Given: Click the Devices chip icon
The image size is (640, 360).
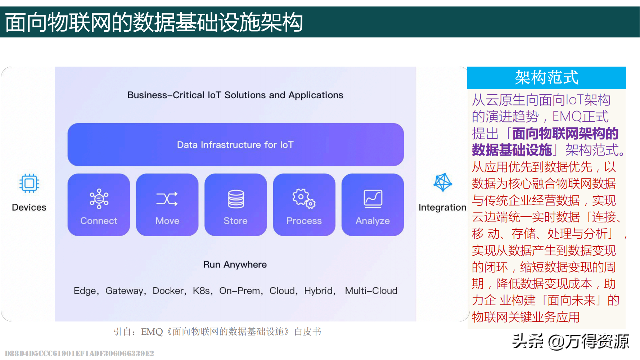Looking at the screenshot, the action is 29,183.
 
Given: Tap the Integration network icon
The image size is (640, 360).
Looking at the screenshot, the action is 443,182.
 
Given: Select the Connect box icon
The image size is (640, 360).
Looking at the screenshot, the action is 99,199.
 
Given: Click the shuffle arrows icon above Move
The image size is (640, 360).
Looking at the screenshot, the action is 167,199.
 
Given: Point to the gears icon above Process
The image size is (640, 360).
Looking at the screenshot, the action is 304,198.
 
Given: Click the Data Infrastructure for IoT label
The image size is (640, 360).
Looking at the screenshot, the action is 235,145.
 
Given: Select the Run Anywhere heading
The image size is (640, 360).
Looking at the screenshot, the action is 235,265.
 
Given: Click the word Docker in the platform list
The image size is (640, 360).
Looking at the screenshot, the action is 168,291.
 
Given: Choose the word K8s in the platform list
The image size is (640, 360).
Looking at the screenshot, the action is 201,291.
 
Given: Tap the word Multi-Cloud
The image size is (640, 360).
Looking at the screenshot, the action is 371,291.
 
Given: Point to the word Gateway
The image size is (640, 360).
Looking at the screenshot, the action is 124,291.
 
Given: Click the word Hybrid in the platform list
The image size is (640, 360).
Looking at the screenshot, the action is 318,291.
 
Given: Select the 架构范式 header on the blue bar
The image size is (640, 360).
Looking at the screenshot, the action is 546,77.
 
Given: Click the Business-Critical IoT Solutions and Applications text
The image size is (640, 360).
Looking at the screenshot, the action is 235,95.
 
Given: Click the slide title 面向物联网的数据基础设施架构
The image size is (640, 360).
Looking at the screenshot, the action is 154,22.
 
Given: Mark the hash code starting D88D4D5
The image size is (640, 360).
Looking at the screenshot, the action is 80,353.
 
